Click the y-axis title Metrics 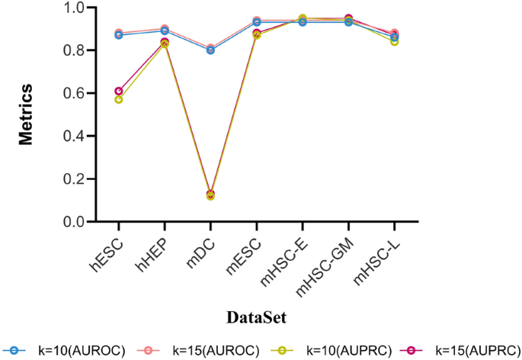[25, 114]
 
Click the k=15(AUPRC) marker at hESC [119, 92]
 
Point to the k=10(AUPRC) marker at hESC [119, 100]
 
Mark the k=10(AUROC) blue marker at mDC [210, 50]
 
